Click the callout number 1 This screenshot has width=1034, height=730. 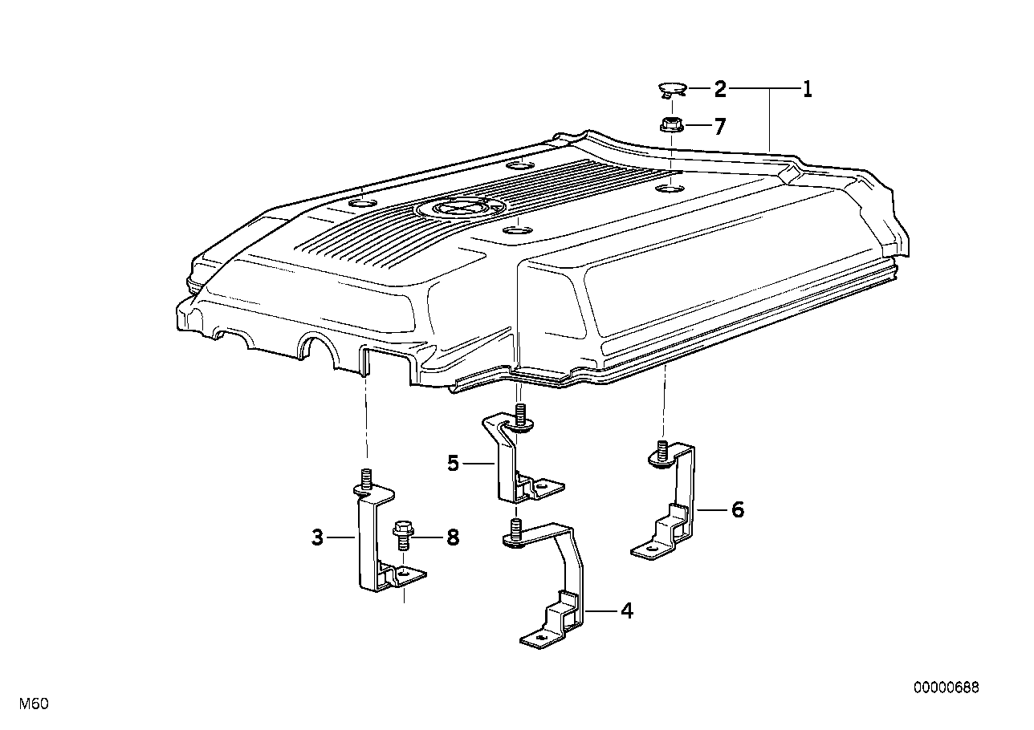tap(807, 89)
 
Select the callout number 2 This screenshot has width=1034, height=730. tap(720, 89)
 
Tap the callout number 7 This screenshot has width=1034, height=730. tap(719, 127)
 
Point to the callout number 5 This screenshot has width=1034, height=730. tap(454, 463)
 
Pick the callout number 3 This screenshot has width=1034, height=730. tap(318, 537)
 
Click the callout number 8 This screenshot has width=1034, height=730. tap(453, 537)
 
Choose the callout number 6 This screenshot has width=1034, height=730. tap(738, 509)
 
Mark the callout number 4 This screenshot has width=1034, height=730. tap(627, 611)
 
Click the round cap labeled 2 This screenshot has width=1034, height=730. tap(672, 89)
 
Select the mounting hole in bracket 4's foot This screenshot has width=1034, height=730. tap(539, 639)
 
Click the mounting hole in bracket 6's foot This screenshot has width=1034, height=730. tap(651, 549)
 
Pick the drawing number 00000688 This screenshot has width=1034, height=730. tap(946, 687)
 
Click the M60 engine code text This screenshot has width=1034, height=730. tap(34, 704)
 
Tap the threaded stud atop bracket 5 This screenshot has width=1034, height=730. tap(520, 412)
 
